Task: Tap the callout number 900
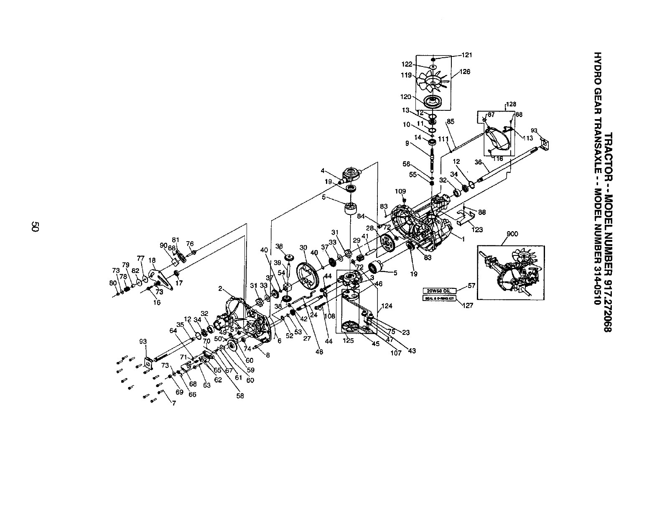[512, 234]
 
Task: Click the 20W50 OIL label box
[436, 291]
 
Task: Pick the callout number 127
[468, 306]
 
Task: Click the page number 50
[35, 227]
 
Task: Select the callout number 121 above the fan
[466, 55]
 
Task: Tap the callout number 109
[400, 191]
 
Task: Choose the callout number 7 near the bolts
[173, 403]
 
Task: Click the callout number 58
[240, 395]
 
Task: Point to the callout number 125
[348, 340]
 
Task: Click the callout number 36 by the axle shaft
[479, 162]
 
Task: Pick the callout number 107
[396, 353]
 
